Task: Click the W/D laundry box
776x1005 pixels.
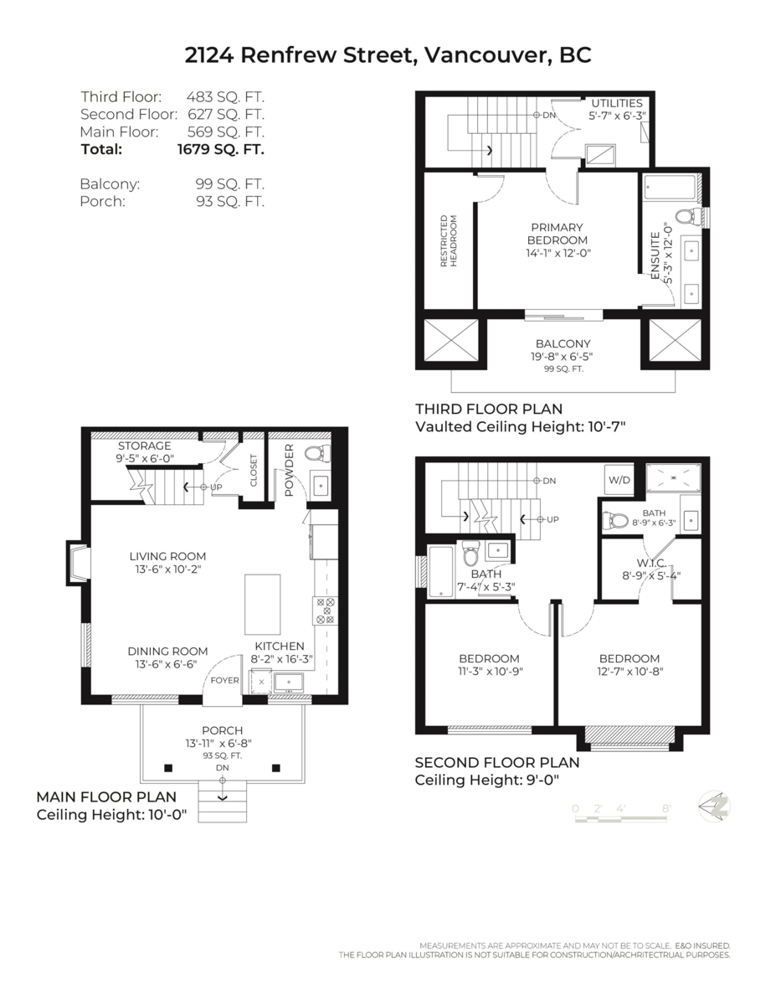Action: (619, 481)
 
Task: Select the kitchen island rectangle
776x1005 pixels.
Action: (261, 604)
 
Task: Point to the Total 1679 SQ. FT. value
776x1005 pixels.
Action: (220, 150)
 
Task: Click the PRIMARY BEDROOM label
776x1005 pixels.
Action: (557, 234)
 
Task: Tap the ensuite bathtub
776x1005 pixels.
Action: (670, 187)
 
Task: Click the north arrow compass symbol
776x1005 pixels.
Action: (715, 806)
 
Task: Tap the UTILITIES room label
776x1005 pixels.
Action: (617, 103)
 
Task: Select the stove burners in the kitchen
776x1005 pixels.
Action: (324, 611)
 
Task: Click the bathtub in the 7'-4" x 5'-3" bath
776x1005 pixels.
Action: (441, 571)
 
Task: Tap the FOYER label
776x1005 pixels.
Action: (224, 680)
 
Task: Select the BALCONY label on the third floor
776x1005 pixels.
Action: (563, 343)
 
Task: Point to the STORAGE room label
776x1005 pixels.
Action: (144, 446)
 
